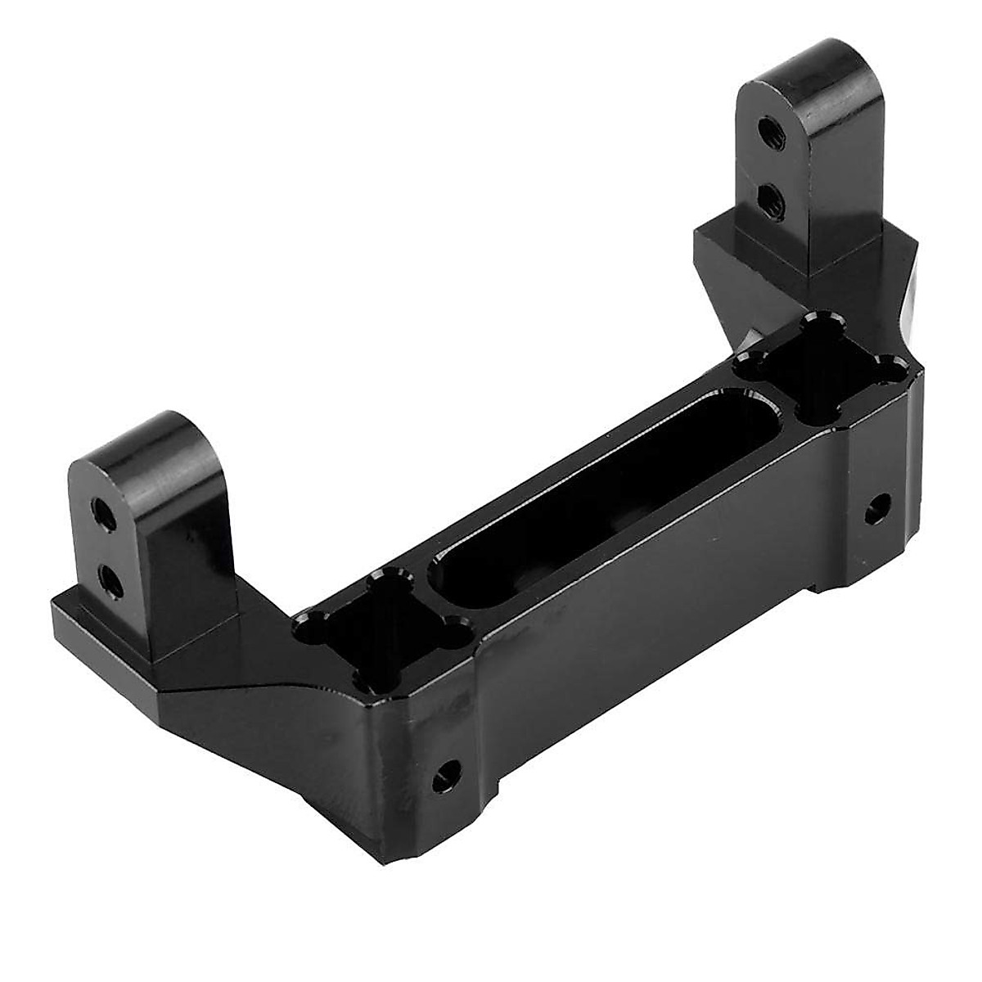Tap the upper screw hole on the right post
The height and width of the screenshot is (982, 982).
tap(767, 128)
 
